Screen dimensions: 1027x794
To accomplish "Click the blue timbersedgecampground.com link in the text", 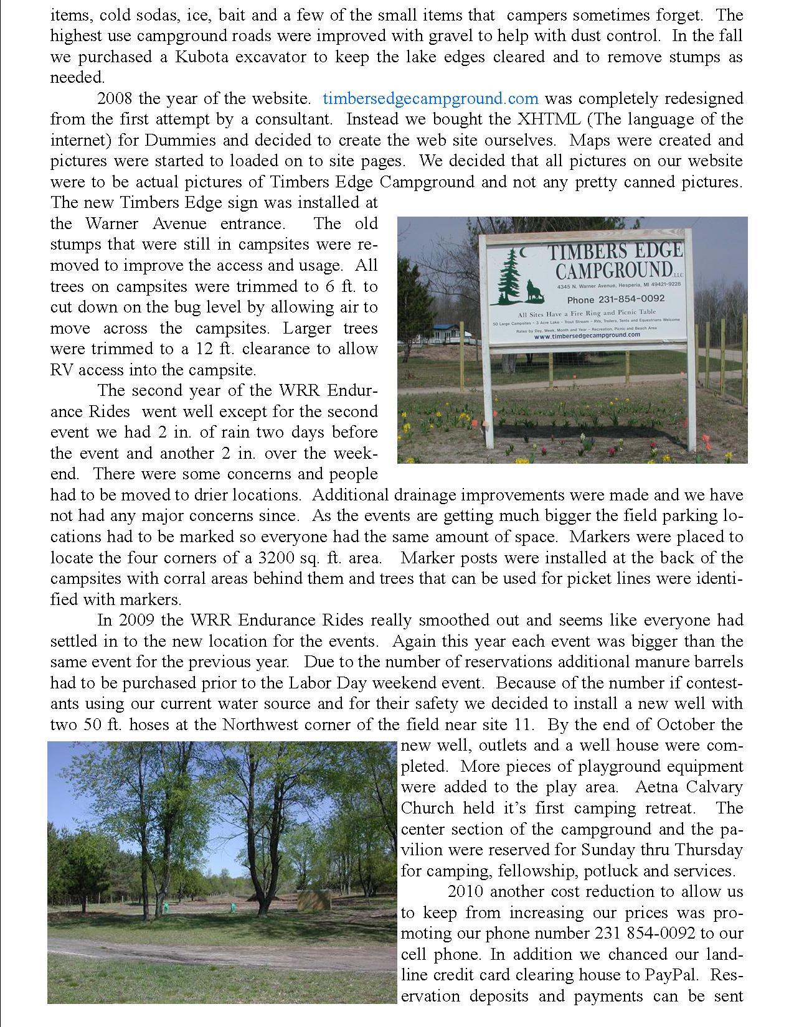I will (x=430, y=98).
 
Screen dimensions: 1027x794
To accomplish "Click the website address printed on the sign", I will (x=587, y=335).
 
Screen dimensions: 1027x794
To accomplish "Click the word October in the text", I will (x=681, y=725).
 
